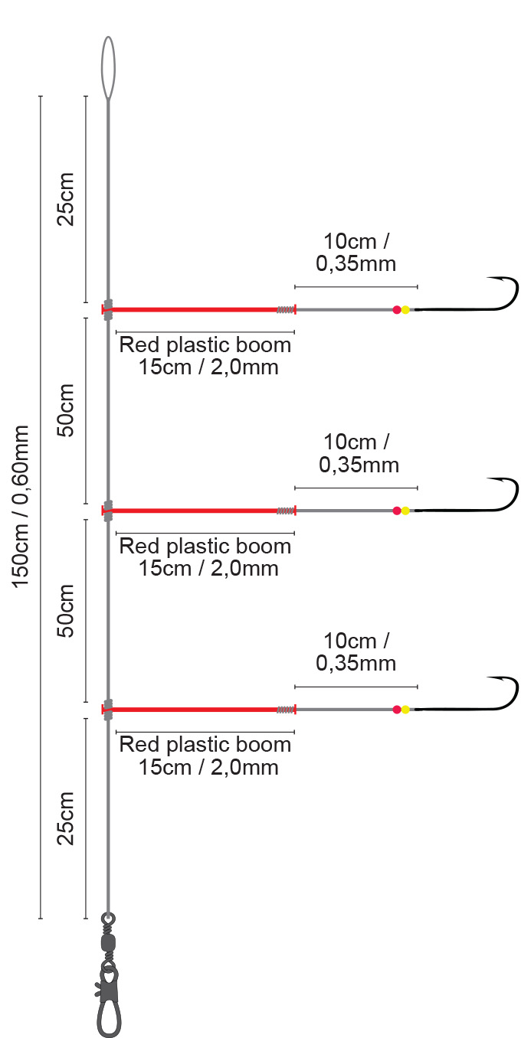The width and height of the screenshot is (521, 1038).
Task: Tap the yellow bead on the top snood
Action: pyautogui.click(x=406, y=309)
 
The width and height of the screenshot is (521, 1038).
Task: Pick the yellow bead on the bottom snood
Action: pyautogui.click(x=406, y=710)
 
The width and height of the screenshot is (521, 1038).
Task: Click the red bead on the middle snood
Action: pyautogui.click(x=397, y=511)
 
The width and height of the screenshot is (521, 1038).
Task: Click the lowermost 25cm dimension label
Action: pyautogui.click(x=67, y=818)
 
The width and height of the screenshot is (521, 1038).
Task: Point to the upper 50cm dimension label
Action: pyautogui.click(x=67, y=409)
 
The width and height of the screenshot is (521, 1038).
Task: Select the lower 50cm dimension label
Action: pyautogui.click(x=67, y=610)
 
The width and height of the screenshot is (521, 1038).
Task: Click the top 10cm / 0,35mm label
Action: pyautogui.click(x=356, y=253)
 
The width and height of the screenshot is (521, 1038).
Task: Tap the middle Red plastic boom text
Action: pyautogui.click(x=205, y=557)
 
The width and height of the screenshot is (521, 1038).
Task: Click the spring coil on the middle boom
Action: pyautogui.click(x=286, y=511)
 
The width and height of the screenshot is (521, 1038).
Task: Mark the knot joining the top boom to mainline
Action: pyautogui.click(x=108, y=309)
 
